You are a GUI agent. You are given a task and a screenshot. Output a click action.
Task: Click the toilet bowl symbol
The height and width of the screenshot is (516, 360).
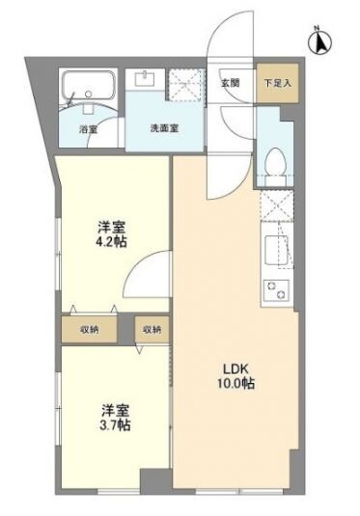[273, 166]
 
